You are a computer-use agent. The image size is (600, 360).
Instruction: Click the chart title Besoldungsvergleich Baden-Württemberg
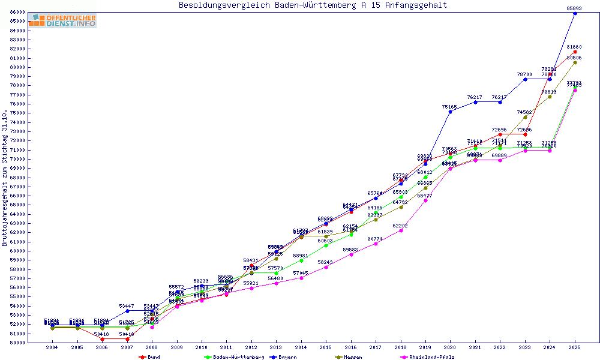pos(313,5)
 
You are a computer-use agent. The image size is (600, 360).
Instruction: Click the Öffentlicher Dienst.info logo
pos(62,21)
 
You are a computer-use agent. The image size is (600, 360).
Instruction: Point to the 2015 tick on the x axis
pos(326,347)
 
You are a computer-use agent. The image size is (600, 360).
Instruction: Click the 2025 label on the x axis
pos(575,347)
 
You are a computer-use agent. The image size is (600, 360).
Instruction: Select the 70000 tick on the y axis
pos(17,159)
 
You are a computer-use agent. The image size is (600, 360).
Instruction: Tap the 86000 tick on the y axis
pos(17,12)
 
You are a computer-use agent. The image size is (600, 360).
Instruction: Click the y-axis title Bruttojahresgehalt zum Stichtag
pos(5,178)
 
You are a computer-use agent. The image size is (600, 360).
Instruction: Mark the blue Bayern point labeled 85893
pos(575,13)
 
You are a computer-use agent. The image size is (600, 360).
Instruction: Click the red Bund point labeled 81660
pos(575,52)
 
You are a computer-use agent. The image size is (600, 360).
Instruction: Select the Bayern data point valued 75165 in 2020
pos(450,112)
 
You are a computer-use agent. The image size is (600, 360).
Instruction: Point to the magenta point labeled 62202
pos(400,230)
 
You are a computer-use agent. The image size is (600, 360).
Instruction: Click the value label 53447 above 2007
pos(127,306)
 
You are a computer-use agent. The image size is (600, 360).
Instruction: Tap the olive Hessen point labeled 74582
pos(525,117)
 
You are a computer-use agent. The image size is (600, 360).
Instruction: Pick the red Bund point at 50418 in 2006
pos(102,339)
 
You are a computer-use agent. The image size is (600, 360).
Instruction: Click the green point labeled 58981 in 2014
pos(301,260)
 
